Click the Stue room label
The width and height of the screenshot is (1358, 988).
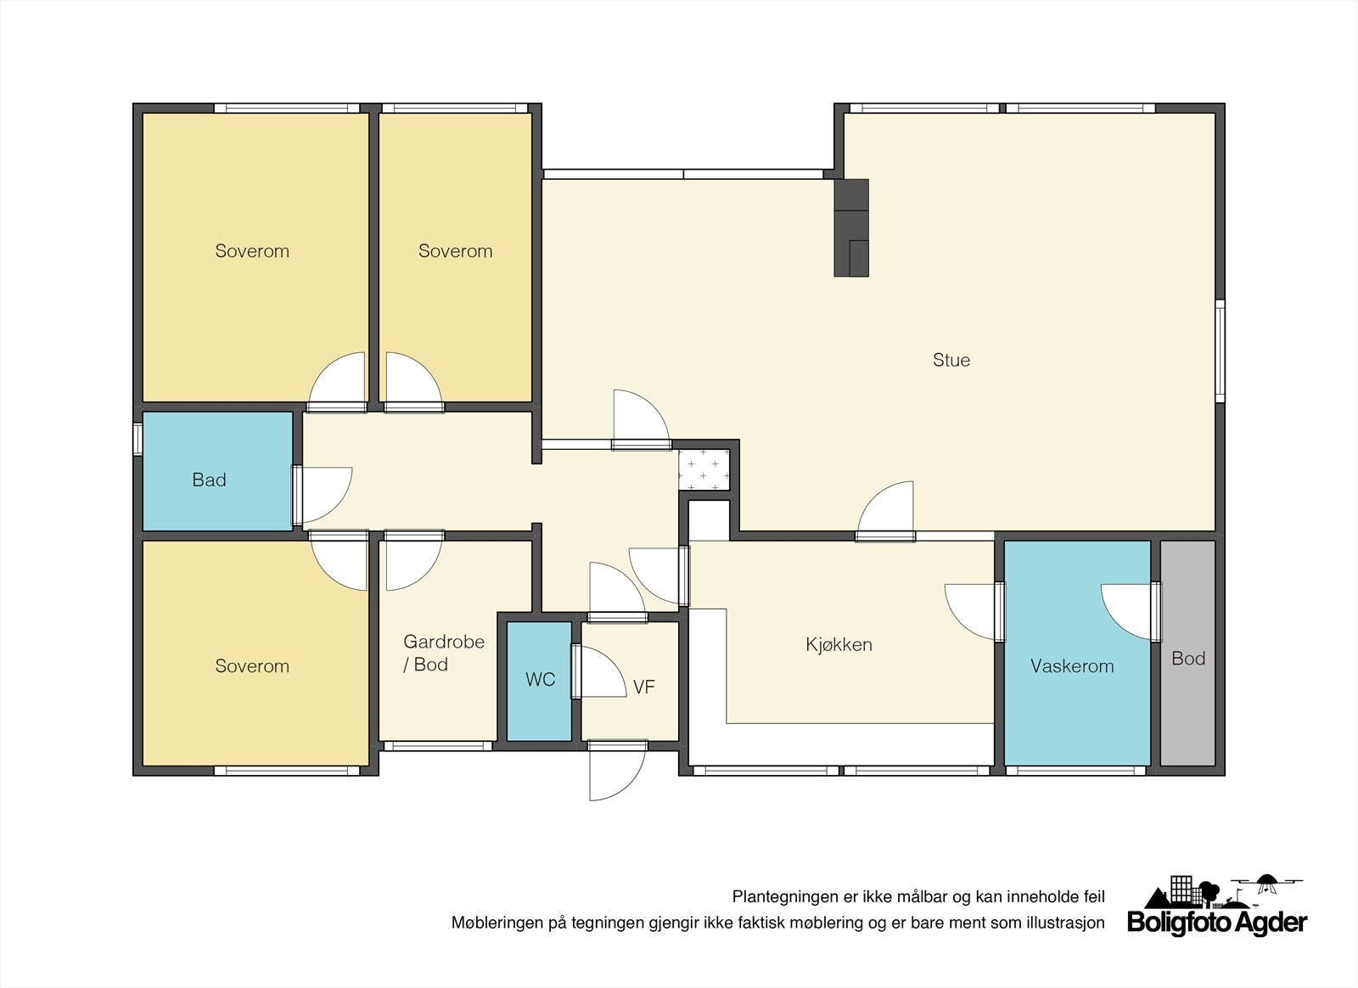tap(951, 360)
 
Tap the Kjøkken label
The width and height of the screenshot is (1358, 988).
tap(839, 644)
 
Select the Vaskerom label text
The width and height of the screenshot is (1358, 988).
tap(1072, 666)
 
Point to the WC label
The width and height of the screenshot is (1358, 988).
tap(540, 680)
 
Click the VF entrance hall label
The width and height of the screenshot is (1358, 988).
tap(644, 687)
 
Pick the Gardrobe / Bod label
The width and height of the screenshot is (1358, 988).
tap(444, 653)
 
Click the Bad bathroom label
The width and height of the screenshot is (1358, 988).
tap(209, 480)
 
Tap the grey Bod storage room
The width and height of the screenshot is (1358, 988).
tap(1187, 653)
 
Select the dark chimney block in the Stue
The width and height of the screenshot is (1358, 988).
tap(851, 228)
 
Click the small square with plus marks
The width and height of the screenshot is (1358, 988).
tap(704, 469)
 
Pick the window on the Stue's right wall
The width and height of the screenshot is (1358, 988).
tap(1220, 351)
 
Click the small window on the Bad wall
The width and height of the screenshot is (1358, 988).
tap(137, 439)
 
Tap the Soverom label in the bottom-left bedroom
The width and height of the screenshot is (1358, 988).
tap(252, 666)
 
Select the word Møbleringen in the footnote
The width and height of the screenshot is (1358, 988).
tap(497, 923)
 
